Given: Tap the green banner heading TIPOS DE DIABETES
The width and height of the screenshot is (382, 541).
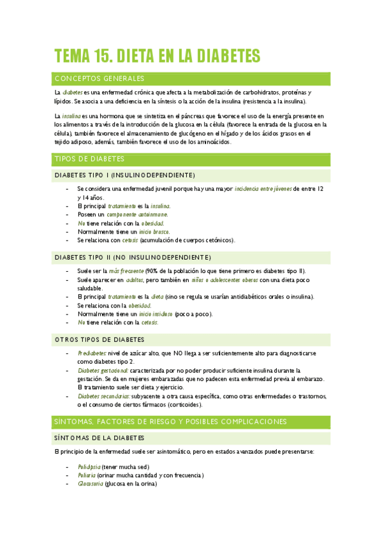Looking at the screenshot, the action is pyautogui.click(x=89, y=159).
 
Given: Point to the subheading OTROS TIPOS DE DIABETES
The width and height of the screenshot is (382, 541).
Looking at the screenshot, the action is pyautogui.click(x=99, y=339).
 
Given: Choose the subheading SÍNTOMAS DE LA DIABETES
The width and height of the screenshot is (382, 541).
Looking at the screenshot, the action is pyautogui.click(x=99, y=438).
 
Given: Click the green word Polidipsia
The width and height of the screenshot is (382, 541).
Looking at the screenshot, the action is pyautogui.click(x=89, y=467).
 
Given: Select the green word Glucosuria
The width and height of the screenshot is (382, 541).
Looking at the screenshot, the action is pyautogui.click(x=90, y=484).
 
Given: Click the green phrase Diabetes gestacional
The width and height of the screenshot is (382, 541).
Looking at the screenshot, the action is pyautogui.click(x=103, y=370).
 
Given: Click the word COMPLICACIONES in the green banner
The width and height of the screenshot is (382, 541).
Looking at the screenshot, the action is pyautogui.click(x=244, y=422).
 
